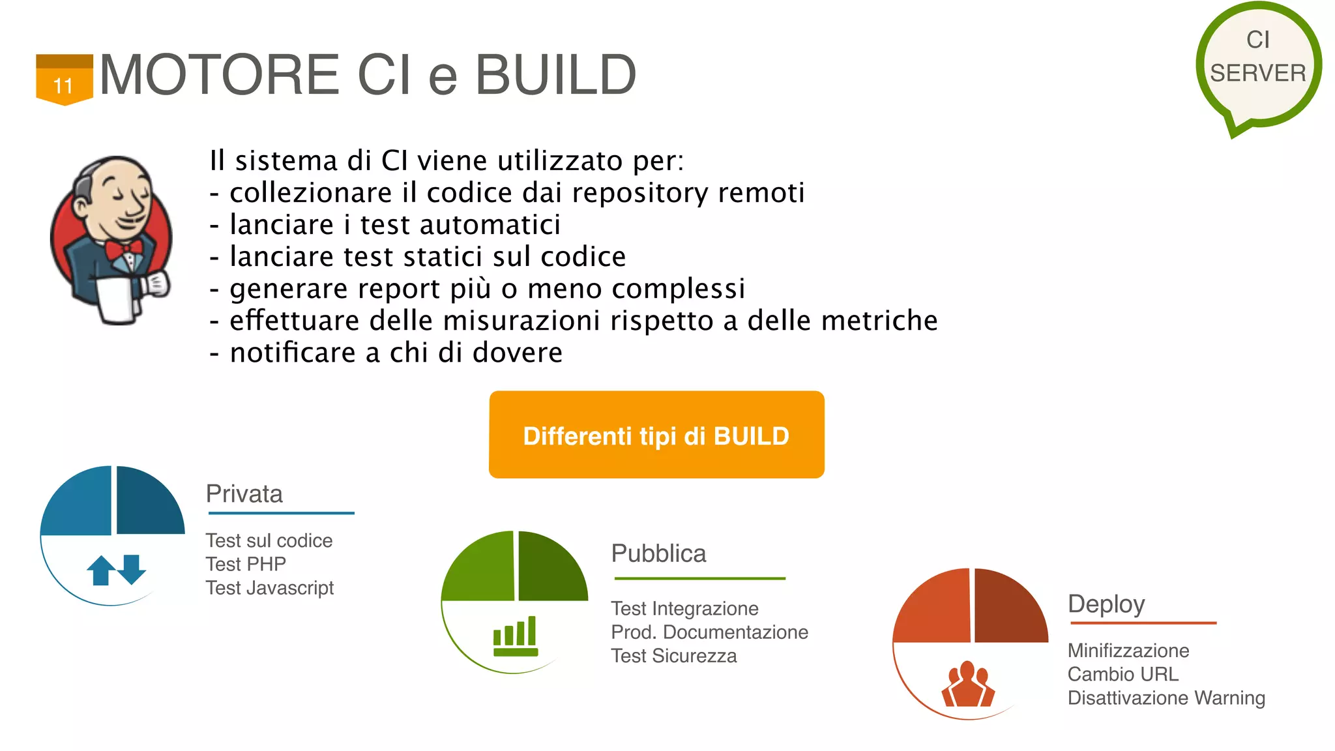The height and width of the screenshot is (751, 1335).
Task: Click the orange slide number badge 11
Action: click(x=64, y=80)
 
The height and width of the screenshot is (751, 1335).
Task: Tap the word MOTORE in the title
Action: click(x=219, y=74)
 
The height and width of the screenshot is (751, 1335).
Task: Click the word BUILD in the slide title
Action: click(x=555, y=74)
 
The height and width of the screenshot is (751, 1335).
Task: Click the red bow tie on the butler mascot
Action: click(x=124, y=250)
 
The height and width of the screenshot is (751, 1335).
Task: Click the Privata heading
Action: click(x=244, y=494)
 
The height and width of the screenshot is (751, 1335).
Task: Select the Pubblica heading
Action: click(x=658, y=553)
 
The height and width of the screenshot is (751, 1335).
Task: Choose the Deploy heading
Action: click(x=1106, y=604)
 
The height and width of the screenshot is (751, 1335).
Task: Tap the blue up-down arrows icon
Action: click(x=116, y=569)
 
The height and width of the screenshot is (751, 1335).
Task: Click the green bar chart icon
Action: click(x=516, y=636)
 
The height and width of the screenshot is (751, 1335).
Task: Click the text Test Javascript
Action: click(x=270, y=588)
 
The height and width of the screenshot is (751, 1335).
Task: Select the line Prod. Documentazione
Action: click(x=709, y=632)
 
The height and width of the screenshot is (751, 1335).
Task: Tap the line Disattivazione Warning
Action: click(x=1166, y=698)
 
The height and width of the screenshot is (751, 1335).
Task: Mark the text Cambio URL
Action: click(x=1122, y=674)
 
